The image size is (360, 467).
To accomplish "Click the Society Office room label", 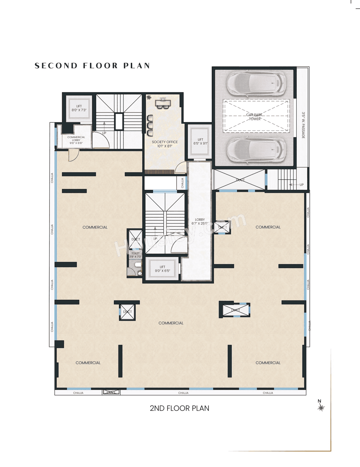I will pyautogui.click(x=165, y=144).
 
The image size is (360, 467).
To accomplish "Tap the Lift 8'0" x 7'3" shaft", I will pyautogui.click(x=79, y=108).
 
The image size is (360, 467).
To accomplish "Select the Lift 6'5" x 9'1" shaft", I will pyautogui.click(x=200, y=141).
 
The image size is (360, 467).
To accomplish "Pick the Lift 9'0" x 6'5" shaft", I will pyautogui.click(x=162, y=269).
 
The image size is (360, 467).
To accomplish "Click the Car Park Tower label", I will pyautogui.click(x=254, y=117).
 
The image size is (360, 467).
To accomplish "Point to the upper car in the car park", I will pyautogui.click(x=256, y=84).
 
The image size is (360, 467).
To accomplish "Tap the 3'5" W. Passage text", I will pyautogui.click(x=303, y=125).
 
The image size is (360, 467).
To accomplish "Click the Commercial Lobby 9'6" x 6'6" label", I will pyautogui.click(x=76, y=140).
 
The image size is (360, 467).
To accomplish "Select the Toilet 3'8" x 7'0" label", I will pyautogui.click(x=135, y=255).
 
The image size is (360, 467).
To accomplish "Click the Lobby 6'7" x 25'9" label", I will pyautogui.click(x=200, y=222).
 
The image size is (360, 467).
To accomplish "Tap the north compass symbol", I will pyautogui.click(x=321, y=407).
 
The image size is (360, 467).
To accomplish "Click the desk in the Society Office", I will pyautogui.click(x=163, y=103).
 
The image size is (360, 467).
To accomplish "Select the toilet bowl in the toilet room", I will pyautogui.click(x=138, y=265).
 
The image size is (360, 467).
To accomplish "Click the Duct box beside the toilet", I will pyautogui.click(x=136, y=239).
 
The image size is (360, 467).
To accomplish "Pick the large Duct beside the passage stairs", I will pyautogui.click(x=240, y=180).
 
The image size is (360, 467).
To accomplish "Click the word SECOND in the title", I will pyautogui.click(x=56, y=66).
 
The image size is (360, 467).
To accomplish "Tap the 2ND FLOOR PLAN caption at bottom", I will pyautogui.click(x=179, y=408).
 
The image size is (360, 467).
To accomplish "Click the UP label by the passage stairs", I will pyautogui.click(x=301, y=185).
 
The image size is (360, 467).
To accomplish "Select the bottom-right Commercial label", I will pyautogui.click(x=268, y=363).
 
